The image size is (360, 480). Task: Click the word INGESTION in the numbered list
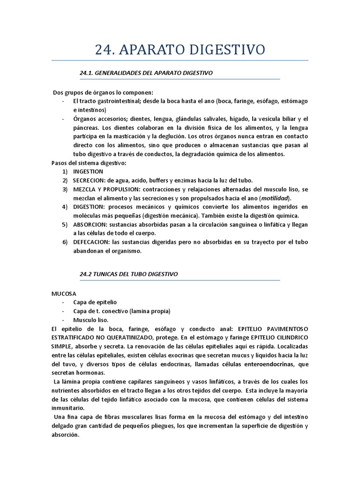[88, 172]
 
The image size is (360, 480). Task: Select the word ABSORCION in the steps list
[90, 225]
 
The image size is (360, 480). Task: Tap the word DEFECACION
[91, 242]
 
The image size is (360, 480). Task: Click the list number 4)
[65, 207]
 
